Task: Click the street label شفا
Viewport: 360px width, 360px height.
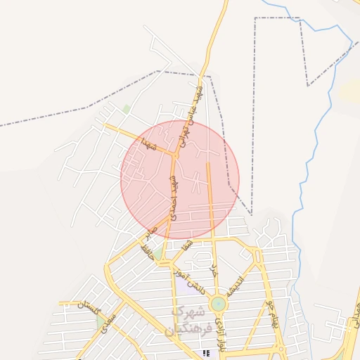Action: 186,246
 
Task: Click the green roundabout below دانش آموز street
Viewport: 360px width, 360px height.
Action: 219,304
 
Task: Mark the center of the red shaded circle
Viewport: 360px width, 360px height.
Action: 180,180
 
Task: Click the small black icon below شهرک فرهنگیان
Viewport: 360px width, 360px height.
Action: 206,353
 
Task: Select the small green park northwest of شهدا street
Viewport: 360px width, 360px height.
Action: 127,109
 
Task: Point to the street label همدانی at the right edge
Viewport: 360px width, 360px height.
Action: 352,315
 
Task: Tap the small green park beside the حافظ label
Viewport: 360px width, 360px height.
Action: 159,251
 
